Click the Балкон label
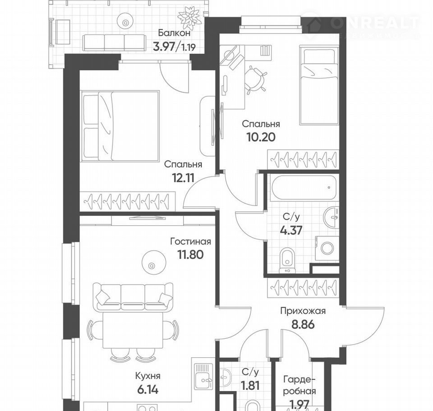174,33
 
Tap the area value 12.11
184,178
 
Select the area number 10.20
261,137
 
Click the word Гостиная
190,242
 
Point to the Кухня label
148,376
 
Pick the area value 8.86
303,324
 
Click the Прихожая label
303,311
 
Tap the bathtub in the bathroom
304,187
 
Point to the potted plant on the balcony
189,17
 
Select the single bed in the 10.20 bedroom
319,85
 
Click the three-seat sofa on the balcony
114,42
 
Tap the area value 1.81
250,386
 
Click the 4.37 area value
291,230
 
